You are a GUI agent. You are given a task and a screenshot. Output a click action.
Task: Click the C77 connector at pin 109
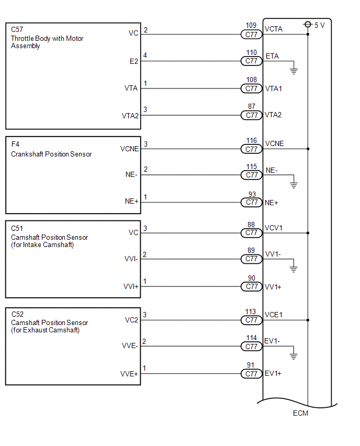click(x=251, y=35)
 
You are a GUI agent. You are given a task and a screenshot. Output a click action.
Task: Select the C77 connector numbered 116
click(x=251, y=149)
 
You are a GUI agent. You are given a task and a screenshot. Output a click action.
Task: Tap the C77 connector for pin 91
click(x=251, y=374)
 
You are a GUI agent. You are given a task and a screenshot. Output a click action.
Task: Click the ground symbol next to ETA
click(x=294, y=71)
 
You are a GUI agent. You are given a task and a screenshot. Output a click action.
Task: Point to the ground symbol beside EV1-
click(x=294, y=356)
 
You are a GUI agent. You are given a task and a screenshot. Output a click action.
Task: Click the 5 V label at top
click(x=319, y=25)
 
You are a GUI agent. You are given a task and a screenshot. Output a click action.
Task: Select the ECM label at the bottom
click(x=300, y=414)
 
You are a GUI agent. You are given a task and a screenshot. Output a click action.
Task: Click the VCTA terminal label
click(x=274, y=29)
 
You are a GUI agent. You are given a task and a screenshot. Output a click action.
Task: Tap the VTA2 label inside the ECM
click(x=273, y=115)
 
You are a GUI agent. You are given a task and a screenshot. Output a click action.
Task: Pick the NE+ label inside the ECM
click(x=272, y=202)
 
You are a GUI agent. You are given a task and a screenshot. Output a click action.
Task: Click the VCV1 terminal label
click(x=274, y=228)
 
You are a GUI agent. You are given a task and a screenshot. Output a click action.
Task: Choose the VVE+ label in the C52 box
click(x=129, y=374)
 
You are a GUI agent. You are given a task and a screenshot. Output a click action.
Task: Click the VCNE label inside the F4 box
click(x=129, y=149)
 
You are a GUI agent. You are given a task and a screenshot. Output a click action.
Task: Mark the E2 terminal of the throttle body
click(x=133, y=61)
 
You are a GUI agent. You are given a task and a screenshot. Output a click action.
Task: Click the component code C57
click(x=17, y=30)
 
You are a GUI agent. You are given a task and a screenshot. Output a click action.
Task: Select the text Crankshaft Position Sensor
click(x=51, y=154)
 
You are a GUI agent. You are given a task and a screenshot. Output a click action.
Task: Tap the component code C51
click(x=17, y=229)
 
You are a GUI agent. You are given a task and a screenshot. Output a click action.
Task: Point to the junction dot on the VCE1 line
click(x=308, y=319)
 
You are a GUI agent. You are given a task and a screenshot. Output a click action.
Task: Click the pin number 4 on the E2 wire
click(x=145, y=55)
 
